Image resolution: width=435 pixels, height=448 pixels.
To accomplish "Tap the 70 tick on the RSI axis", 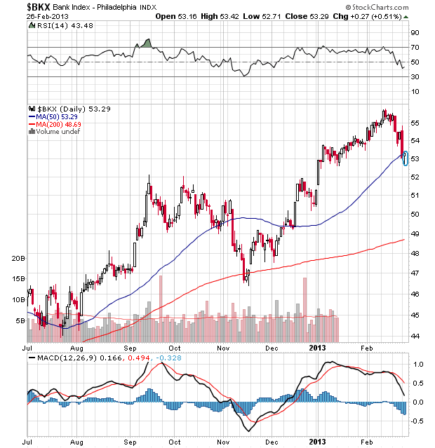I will pos(415,48).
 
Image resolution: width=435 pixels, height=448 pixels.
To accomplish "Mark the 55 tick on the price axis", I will pos(415,123).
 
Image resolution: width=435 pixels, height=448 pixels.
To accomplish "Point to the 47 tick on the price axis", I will pos(415,273).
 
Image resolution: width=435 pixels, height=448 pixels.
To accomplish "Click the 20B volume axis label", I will pos(18,258).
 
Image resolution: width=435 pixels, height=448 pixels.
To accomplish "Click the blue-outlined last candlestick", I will pos(406,158).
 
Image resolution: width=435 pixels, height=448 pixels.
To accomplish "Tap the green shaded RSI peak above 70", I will pos(147,43).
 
